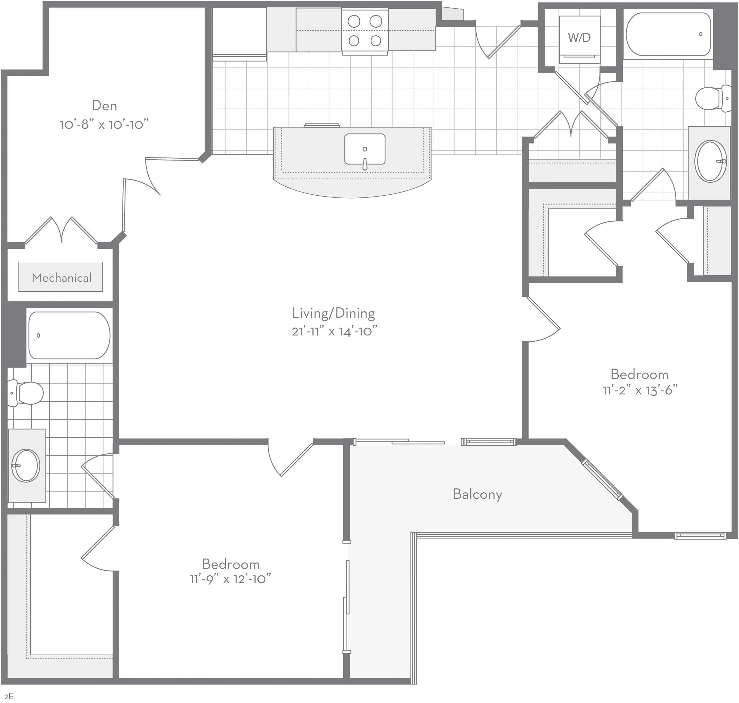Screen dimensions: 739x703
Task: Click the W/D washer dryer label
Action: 579,38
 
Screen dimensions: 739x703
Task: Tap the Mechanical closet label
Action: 62,278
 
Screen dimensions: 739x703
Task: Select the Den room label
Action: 104,106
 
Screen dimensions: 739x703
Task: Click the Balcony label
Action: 477,494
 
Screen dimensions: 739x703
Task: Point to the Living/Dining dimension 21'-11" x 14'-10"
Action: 334,331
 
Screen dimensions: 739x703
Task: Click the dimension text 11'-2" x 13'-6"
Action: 640,391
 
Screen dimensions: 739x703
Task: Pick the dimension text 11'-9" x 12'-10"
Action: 230,579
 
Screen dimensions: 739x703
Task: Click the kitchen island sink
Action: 365,149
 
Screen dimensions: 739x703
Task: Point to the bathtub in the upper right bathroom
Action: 668,34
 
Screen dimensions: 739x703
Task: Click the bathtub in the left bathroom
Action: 69,336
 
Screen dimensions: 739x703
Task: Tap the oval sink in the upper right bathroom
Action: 710,161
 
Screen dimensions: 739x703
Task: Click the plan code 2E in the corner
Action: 9,697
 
